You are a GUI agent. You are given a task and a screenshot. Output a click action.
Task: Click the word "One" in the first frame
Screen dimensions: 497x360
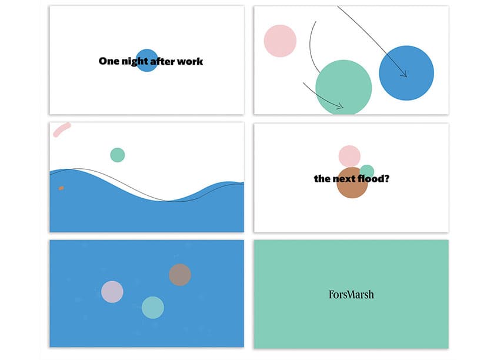click(109, 61)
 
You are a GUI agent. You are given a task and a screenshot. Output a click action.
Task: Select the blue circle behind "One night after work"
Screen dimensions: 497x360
click(147, 60)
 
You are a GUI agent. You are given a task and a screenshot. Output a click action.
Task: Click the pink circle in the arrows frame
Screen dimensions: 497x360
click(280, 41)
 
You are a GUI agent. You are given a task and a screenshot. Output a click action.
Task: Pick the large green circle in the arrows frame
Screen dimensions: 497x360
click(343, 87)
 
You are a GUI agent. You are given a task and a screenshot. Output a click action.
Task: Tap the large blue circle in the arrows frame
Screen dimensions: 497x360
click(406, 73)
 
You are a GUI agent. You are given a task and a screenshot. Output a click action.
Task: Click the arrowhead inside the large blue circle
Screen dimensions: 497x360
click(404, 74)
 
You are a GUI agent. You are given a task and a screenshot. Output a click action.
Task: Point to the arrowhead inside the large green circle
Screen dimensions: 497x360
click(341, 106)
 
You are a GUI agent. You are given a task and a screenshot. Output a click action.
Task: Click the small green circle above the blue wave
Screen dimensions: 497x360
click(118, 155)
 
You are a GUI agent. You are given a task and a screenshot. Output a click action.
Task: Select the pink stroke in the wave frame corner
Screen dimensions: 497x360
click(62, 129)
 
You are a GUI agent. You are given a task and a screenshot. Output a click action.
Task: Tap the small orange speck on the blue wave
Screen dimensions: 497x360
click(61, 188)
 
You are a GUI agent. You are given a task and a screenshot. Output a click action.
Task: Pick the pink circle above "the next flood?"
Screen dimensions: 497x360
click(349, 156)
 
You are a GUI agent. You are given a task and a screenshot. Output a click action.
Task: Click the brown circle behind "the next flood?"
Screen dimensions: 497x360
click(352, 182)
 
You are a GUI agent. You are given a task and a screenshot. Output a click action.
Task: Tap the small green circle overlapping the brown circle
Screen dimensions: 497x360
click(367, 171)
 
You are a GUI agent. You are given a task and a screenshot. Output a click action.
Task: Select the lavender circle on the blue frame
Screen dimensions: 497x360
click(112, 292)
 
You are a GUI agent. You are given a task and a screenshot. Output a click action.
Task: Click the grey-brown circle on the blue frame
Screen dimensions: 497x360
click(180, 275)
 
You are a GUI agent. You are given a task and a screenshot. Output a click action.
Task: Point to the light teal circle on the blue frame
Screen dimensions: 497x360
click(153, 308)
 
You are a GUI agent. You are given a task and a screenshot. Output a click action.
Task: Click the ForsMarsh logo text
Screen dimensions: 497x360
click(351, 295)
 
